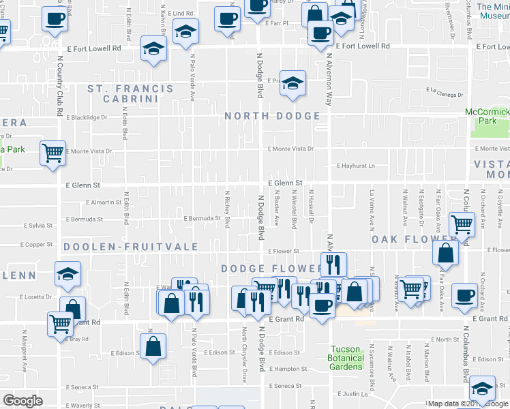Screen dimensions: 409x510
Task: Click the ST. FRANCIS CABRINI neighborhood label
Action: [122, 93]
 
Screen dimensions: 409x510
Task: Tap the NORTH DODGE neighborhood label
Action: [273, 116]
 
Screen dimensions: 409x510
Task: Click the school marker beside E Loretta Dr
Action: [67, 273]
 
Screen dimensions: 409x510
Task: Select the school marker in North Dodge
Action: [293, 83]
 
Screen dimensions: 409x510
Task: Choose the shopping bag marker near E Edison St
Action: [153, 344]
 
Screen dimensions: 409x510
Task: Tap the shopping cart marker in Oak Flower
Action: [462, 223]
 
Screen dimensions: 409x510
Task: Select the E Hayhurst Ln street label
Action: [356, 166]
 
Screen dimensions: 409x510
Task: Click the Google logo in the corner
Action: [22, 401]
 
